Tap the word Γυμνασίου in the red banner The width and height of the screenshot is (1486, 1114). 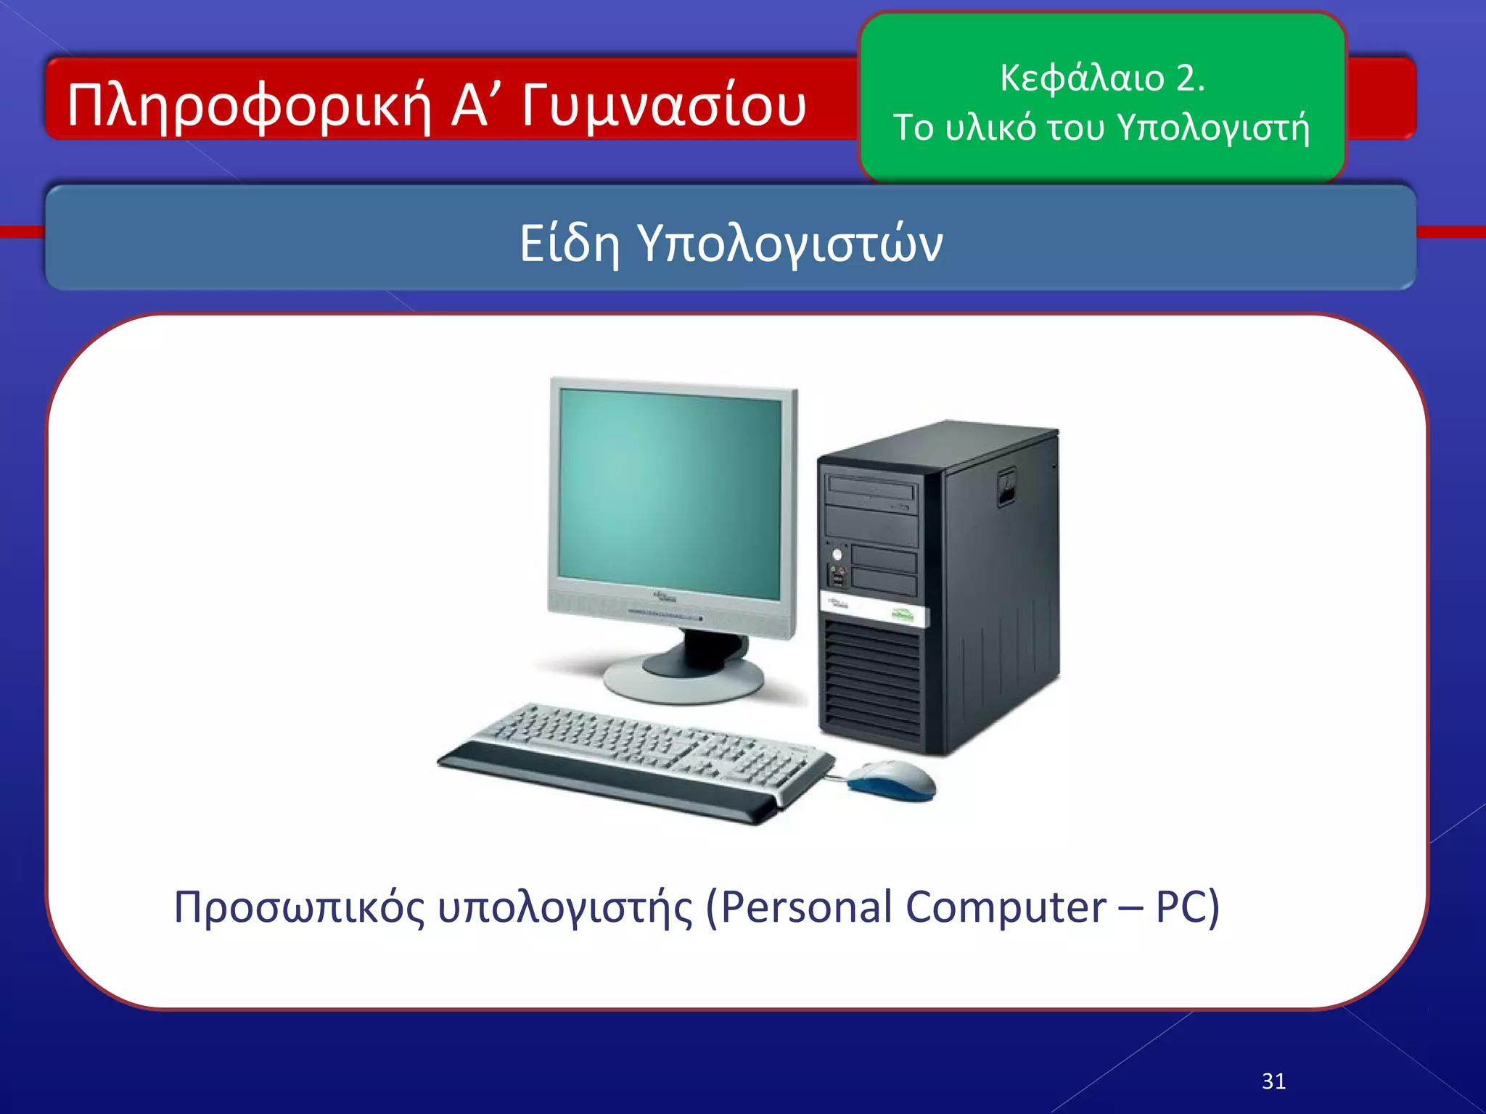[663, 106]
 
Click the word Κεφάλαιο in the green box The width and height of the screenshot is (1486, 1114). [1081, 78]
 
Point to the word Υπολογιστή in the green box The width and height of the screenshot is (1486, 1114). [1213, 128]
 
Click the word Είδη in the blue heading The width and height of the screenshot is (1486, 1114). [569, 243]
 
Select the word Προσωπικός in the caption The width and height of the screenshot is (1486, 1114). [299, 907]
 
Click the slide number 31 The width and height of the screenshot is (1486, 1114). [1273, 1081]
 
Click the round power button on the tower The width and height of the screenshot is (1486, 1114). [837, 555]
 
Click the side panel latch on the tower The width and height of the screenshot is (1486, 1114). [1006, 487]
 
